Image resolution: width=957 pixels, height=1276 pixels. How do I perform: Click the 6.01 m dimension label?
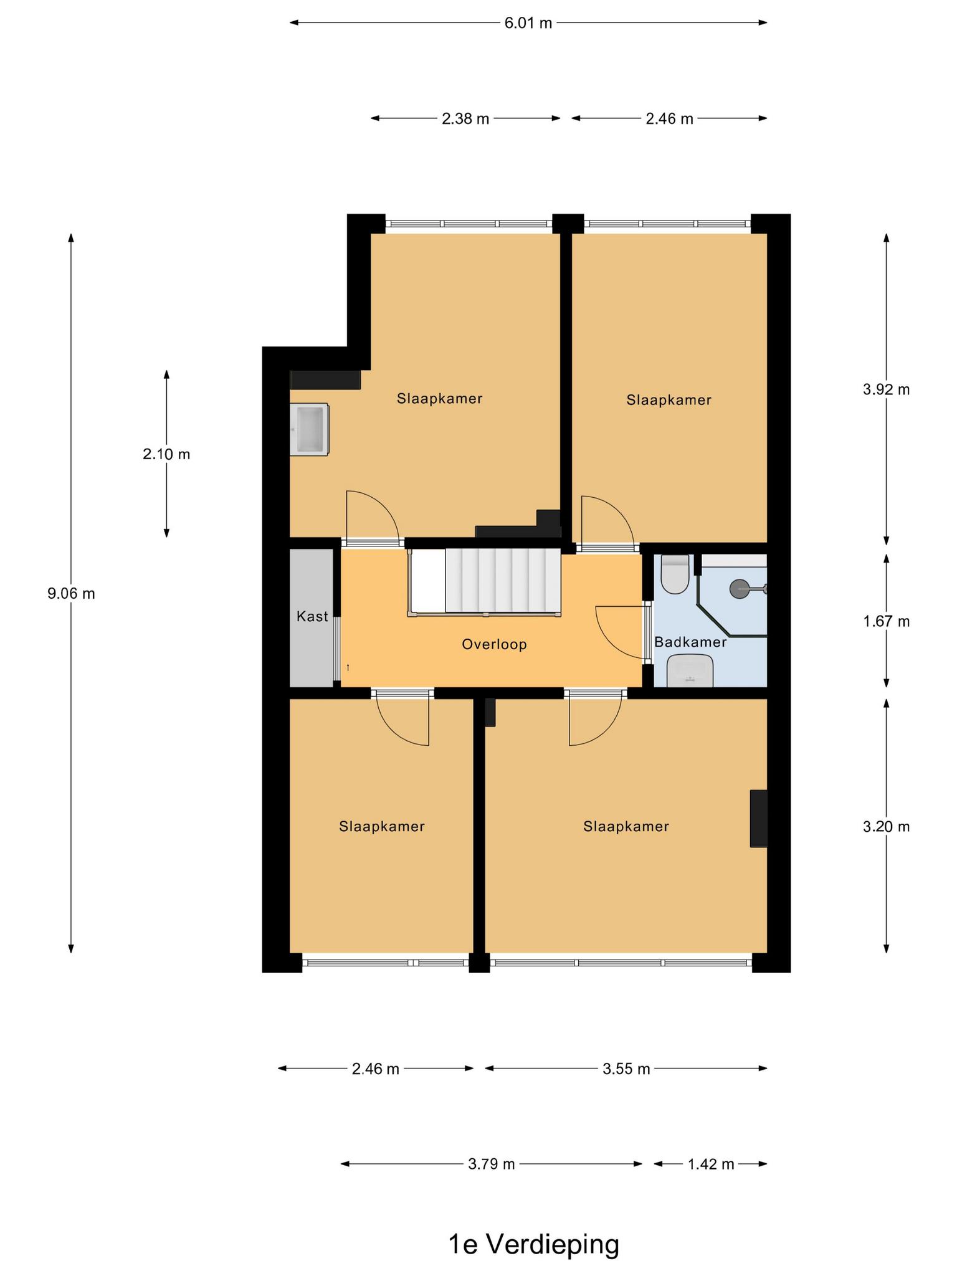528,24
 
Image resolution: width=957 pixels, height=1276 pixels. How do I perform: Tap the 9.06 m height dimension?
71,594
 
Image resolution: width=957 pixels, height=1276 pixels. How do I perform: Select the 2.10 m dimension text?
166,454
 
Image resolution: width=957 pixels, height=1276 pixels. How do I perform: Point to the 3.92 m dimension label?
886,389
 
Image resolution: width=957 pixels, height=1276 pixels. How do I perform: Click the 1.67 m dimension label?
886,621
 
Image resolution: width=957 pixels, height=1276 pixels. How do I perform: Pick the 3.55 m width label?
626,1069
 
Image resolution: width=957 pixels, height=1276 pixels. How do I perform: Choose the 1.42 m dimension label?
711,1164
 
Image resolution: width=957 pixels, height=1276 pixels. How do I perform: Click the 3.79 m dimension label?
492,1164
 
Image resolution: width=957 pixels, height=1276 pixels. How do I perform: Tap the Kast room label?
312,616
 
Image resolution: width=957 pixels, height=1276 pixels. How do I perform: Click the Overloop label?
494,644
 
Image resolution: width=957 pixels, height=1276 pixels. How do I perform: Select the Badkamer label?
690,642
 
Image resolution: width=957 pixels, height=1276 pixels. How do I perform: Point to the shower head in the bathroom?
740,588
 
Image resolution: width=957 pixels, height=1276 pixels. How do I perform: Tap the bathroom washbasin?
690,671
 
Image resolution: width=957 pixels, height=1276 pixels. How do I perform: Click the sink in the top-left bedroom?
310,429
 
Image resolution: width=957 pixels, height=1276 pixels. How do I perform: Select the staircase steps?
503,581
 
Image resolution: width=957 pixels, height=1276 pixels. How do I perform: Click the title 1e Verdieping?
534,1245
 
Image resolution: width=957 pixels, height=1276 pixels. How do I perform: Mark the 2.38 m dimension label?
465,118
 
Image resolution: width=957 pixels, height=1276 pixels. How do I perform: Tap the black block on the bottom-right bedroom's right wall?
758,819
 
